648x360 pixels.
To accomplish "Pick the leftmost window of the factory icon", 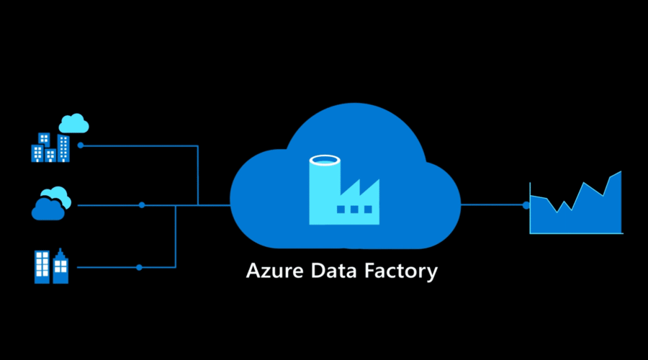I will point(341,210).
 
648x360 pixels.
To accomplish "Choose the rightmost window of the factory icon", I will point(368,210).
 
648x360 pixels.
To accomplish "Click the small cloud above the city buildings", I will point(73,123).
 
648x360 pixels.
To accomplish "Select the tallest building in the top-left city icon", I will point(63,148).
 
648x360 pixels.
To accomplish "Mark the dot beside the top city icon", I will point(81,145).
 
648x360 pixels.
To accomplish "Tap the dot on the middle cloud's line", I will point(142,205).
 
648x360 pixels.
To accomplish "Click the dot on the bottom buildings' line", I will point(139,267).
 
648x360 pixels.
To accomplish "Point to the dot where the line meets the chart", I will point(526,205).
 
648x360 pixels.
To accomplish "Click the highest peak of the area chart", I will point(619,173).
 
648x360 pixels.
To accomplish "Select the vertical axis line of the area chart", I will point(531,209).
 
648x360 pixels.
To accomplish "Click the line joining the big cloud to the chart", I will point(493,205).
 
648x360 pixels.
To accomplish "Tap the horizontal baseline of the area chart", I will point(576,233).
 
